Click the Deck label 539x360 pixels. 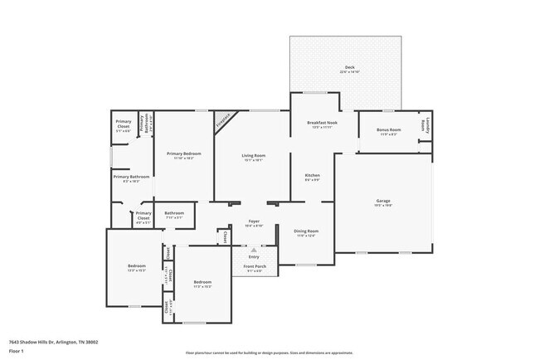[349, 67]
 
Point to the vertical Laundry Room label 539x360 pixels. [424, 124]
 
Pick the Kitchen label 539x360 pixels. [312, 175]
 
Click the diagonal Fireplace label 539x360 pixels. [223, 120]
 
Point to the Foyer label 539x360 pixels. [255, 221]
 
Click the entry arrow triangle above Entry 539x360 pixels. [255, 249]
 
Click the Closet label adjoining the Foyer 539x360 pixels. [225, 236]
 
